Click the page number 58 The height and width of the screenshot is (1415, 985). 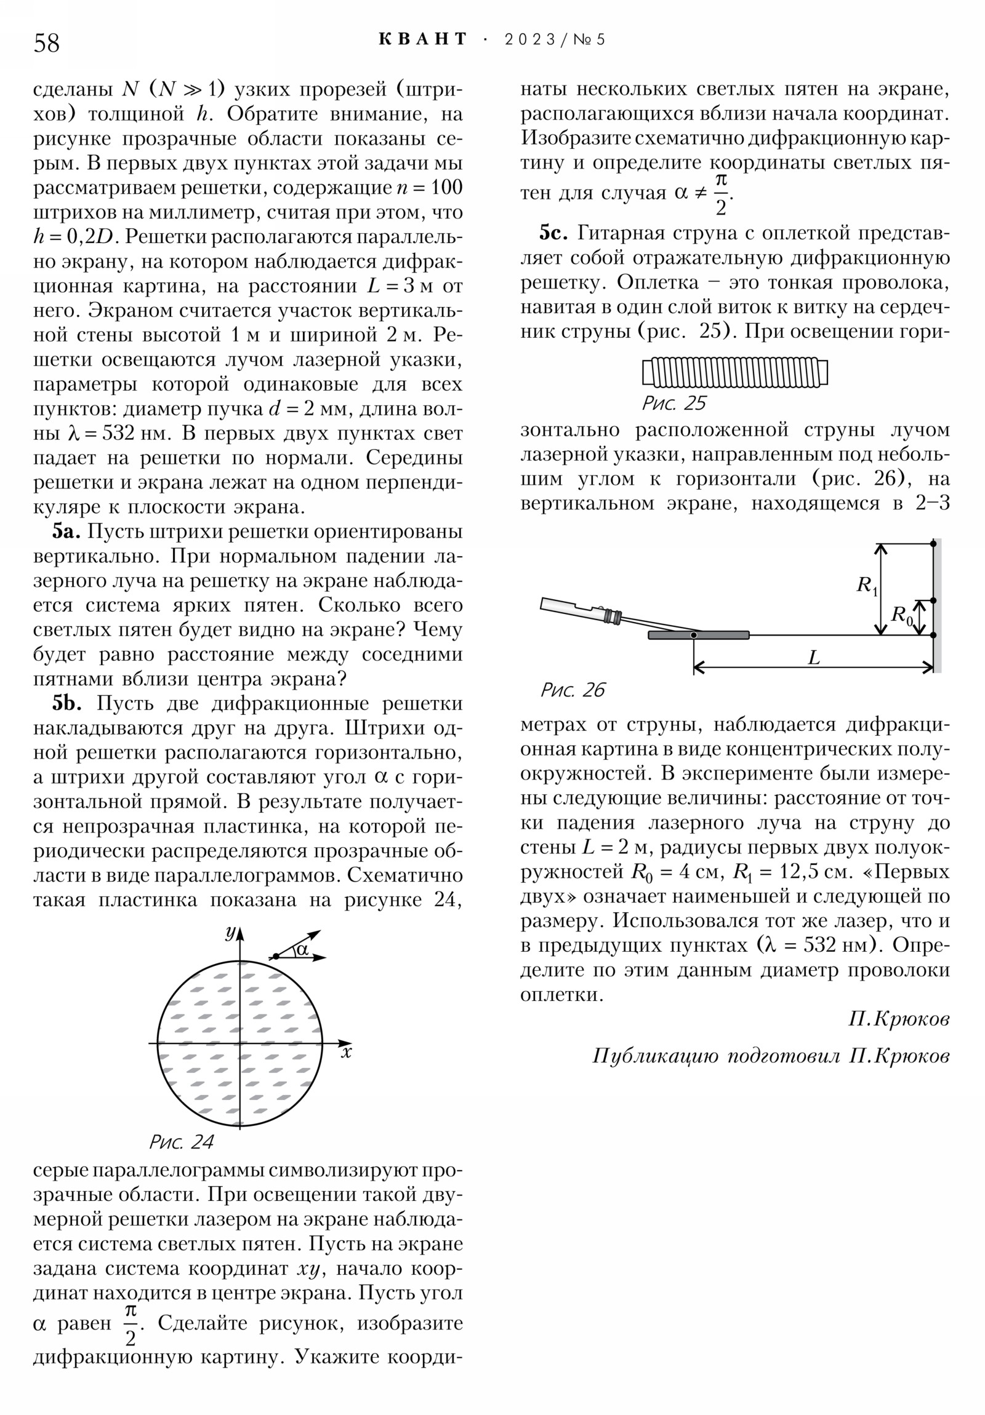tap(47, 43)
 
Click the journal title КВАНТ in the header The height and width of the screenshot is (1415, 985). tap(423, 39)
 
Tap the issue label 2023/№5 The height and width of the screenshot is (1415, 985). tap(555, 40)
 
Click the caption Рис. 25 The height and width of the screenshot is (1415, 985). tap(673, 403)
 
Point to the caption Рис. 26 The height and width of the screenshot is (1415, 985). tap(573, 690)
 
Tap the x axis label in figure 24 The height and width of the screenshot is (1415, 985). tap(347, 1052)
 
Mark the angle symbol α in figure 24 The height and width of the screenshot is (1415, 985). tap(302, 950)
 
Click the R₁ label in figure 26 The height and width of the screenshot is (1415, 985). tap(867, 585)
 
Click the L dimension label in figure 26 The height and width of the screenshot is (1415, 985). tap(814, 658)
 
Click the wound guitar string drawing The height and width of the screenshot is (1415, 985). tap(734, 372)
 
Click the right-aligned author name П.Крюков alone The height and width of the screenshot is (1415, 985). tap(899, 1019)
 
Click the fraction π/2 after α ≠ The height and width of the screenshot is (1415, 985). tap(720, 194)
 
